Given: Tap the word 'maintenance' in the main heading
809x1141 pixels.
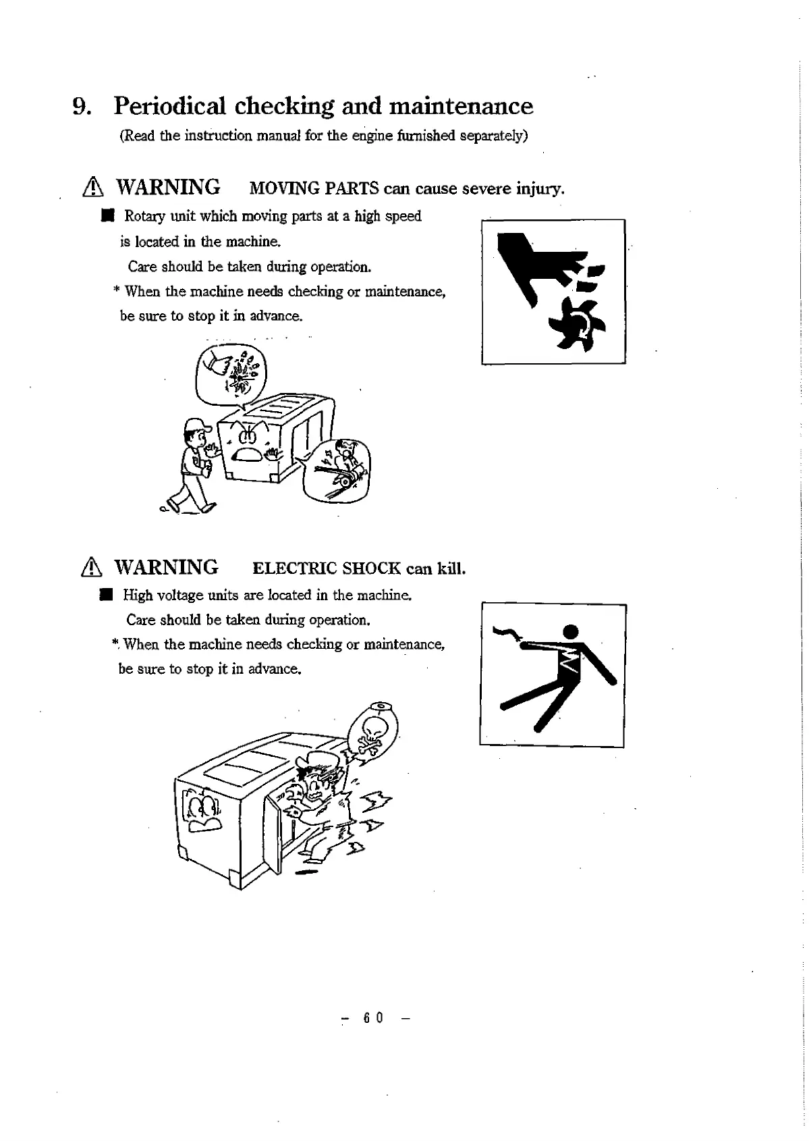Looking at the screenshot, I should click(x=462, y=106).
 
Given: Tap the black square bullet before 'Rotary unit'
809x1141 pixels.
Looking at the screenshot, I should click(x=105, y=216).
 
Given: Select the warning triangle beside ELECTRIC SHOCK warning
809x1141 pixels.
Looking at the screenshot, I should click(x=90, y=568).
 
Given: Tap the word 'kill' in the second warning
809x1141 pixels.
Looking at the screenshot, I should click(x=450, y=568).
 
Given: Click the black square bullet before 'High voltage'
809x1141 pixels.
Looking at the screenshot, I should click(x=105, y=595).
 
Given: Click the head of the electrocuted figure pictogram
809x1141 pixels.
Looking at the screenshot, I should click(x=571, y=632).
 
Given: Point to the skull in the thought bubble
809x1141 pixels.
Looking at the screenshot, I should click(x=374, y=728).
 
